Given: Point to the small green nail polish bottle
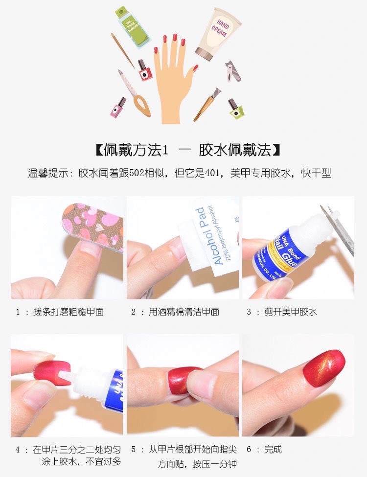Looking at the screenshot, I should pyautogui.click(x=235, y=108).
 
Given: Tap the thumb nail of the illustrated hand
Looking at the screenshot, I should pyautogui.click(x=195, y=68).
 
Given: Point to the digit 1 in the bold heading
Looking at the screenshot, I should pyautogui.click(x=165, y=149).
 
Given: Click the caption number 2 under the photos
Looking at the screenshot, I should pyautogui.click(x=133, y=312).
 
